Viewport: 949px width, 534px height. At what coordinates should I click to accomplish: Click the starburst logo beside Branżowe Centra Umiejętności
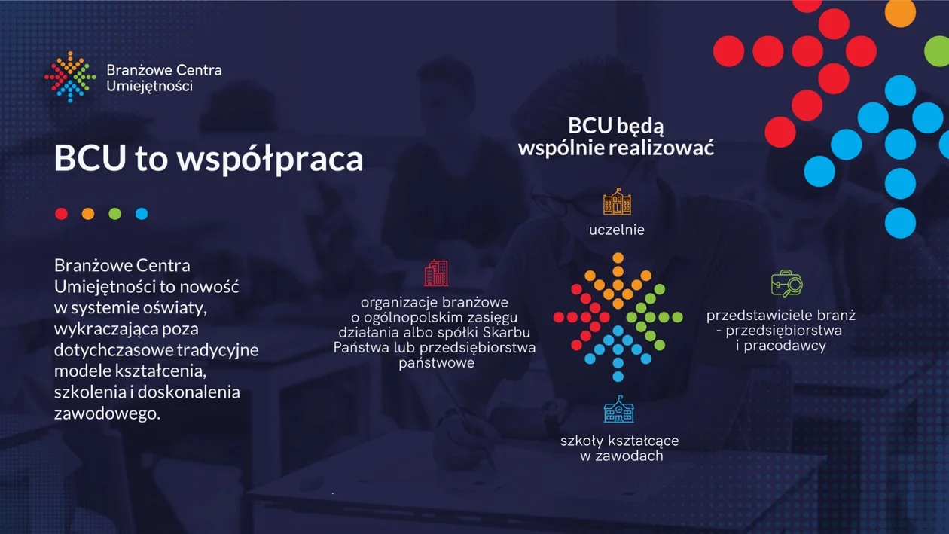[x=70, y=77]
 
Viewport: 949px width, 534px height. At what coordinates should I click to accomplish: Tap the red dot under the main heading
[x=62, y=214]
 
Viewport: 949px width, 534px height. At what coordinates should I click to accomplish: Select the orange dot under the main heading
[x=88, y=214]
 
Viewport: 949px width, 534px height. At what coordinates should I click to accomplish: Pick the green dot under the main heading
[x=114, y=214]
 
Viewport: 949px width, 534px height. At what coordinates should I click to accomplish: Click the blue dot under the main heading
[x=142, y=214]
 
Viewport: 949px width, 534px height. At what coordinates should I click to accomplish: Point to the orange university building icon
[x=618, y=202]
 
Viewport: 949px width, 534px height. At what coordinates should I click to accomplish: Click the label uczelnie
[x=617, y=230]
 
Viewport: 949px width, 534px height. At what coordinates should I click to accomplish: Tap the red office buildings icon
[x=436, y=273]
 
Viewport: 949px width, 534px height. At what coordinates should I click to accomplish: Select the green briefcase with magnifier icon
[x=787, y=283]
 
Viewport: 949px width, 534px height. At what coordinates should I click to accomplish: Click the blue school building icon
[x=618, y=410]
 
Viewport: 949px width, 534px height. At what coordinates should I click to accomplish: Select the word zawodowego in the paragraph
[x=107, y=413]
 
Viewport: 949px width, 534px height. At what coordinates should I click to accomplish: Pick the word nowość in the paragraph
[x=209, y=287]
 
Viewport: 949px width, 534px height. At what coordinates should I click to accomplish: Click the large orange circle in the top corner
[x=900, y=12]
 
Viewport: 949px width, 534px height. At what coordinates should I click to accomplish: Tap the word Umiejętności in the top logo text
[x=150, y=87]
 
